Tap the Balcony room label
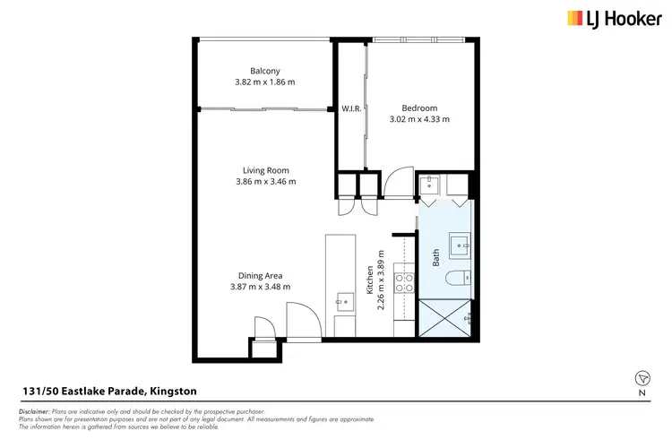(x=265, y=71)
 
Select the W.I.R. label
(x=350, y=108)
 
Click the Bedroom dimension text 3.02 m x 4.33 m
(x=419, y=118)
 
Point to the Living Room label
(x=265, y=170)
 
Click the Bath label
(x=436, y=259)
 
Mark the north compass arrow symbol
(x=642, y=378)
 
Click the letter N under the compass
(x=642, y=393)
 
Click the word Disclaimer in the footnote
(x=37, y=410)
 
